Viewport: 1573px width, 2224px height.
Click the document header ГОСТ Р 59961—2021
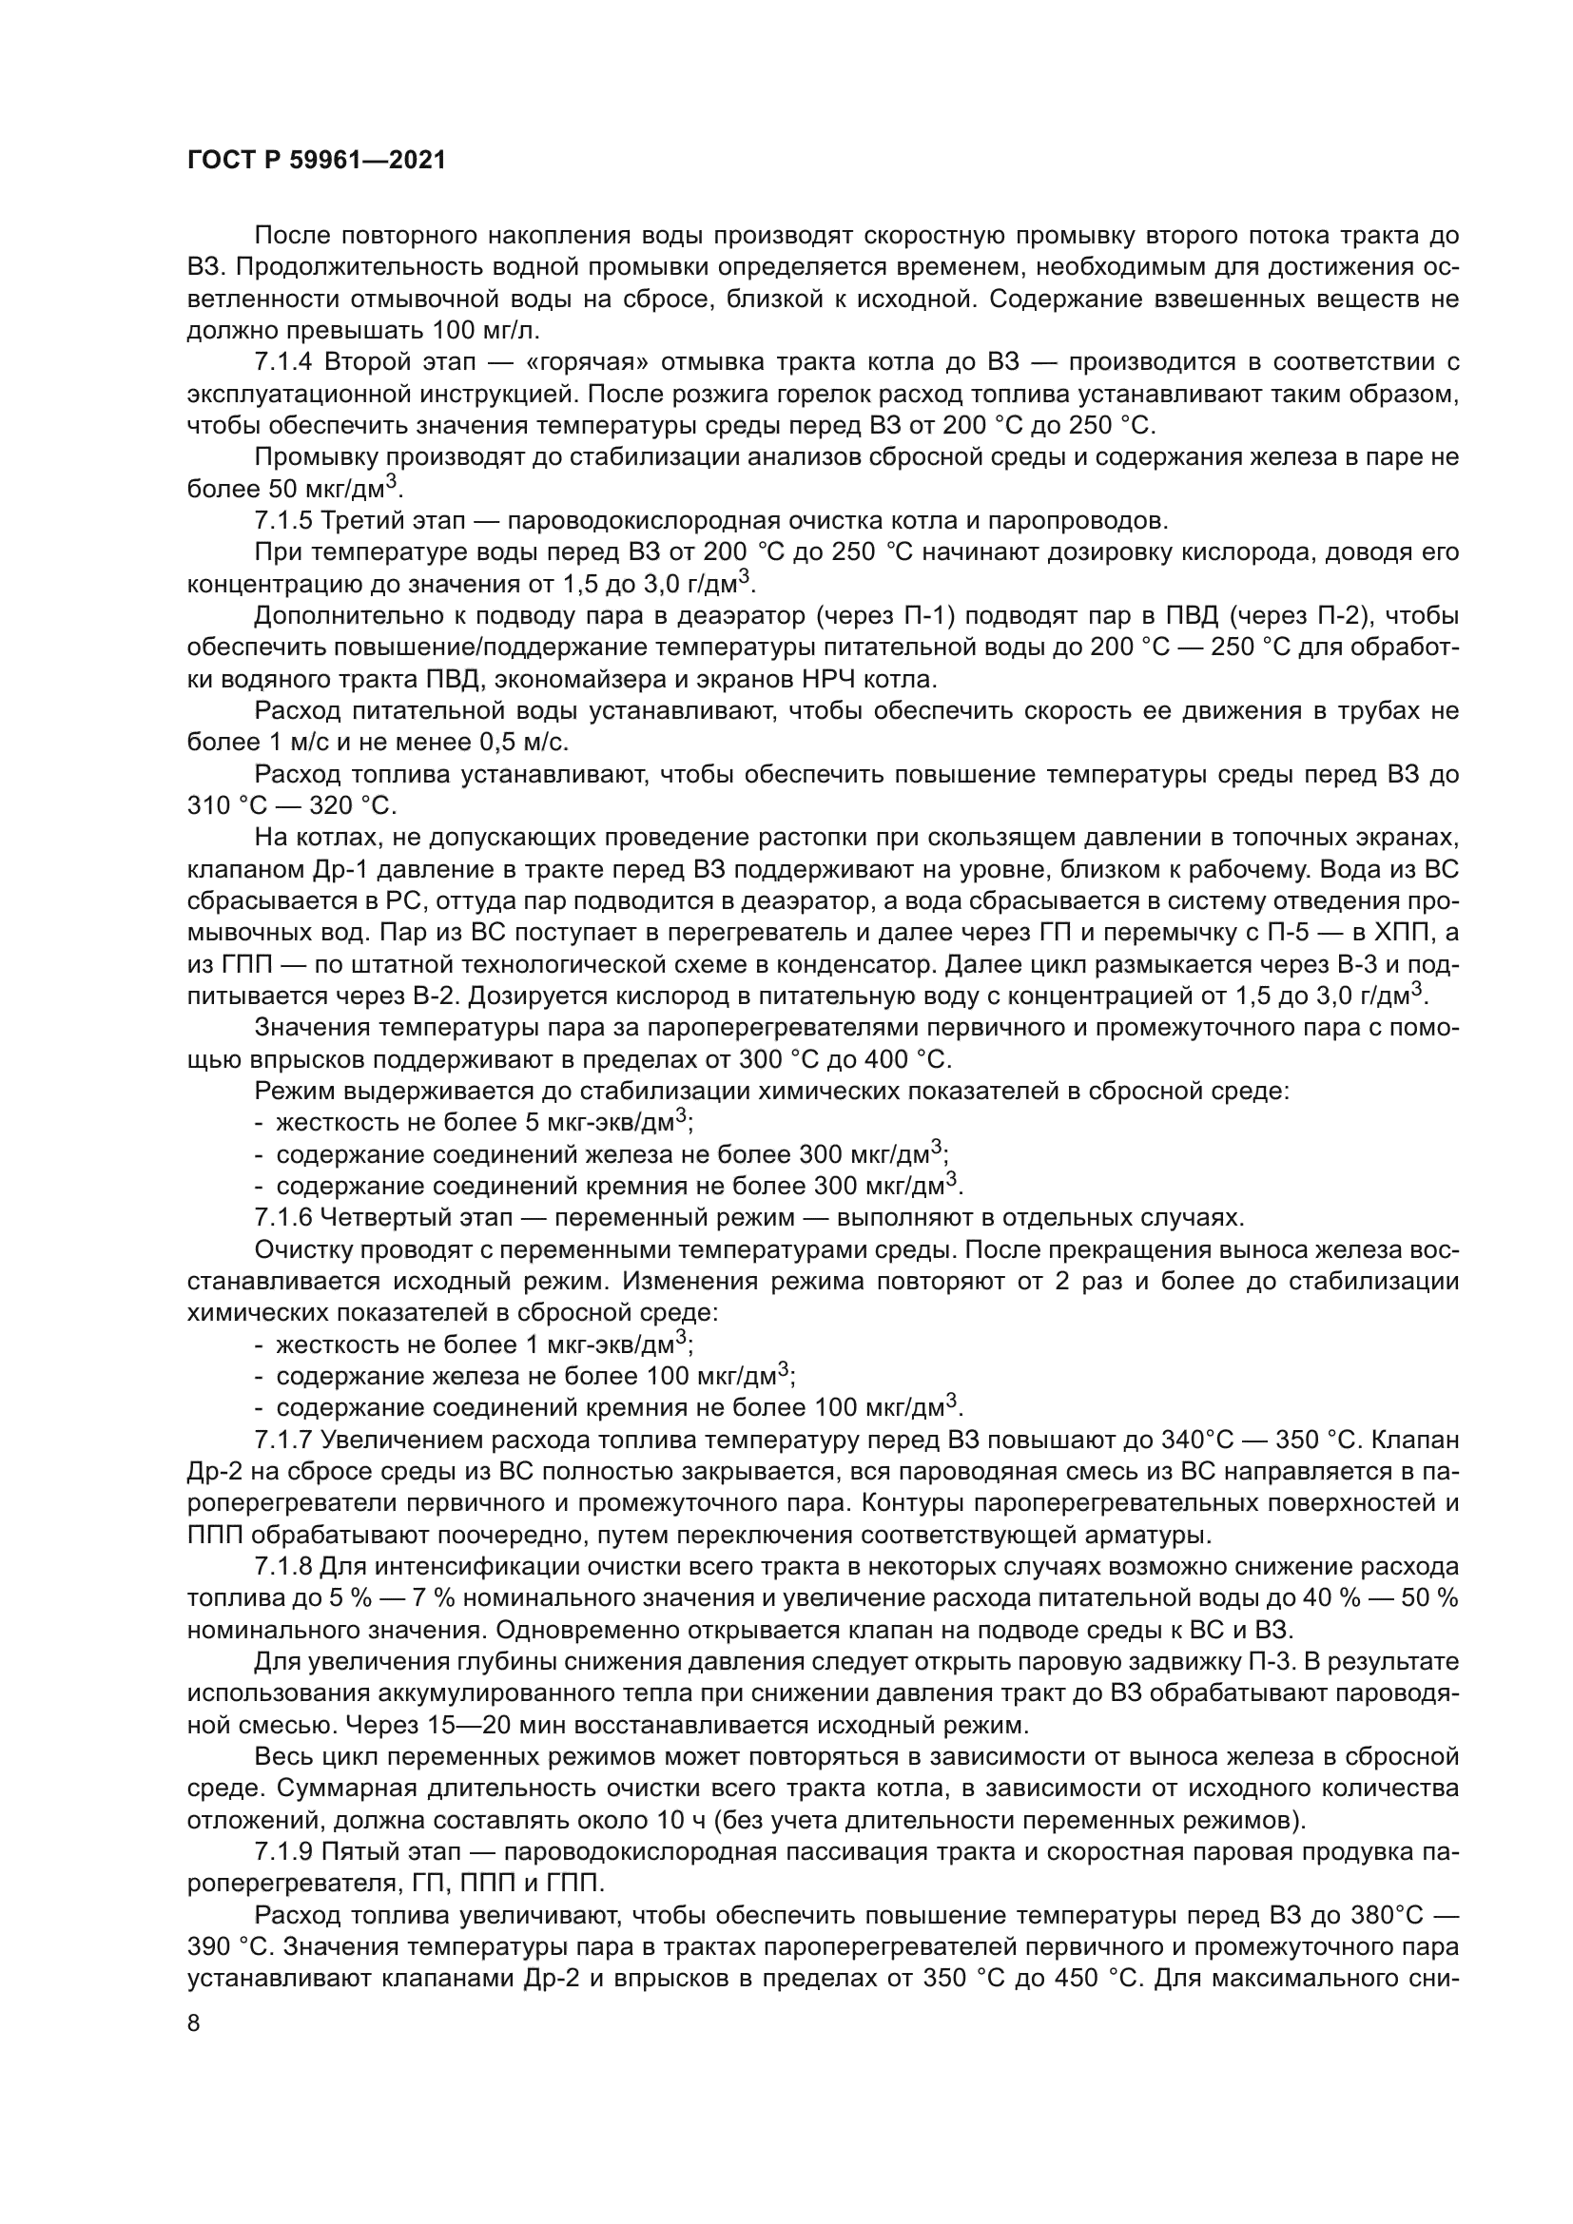point(316,161)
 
